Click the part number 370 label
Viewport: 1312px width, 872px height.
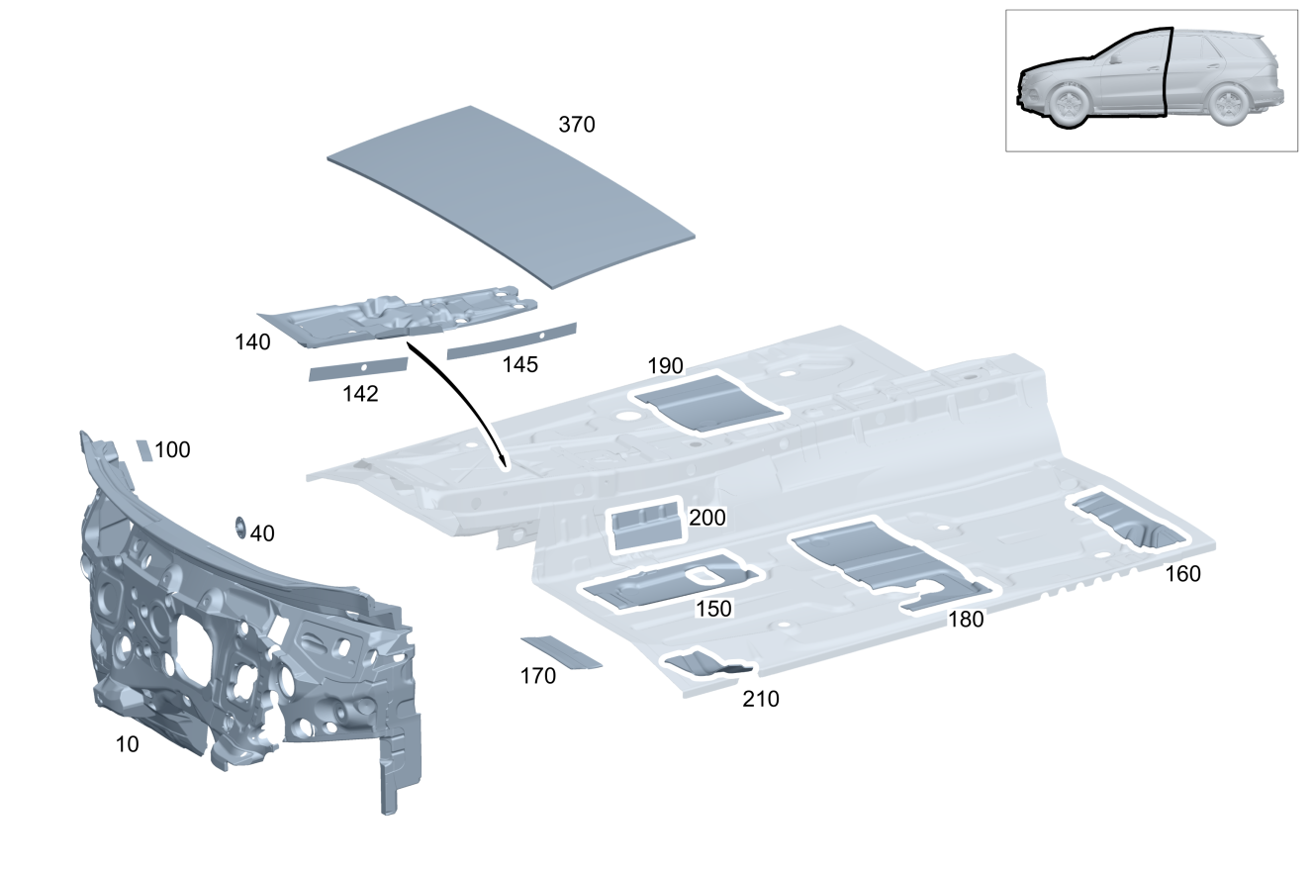click(577, 125)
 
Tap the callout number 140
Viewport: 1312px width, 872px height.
click(252, 342)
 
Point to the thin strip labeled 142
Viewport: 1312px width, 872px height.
click(358, 369)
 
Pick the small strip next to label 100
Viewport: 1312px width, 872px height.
click(144, 450)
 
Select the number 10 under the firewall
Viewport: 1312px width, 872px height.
click(127, 744)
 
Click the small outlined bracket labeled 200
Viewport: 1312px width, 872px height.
click(645, 525)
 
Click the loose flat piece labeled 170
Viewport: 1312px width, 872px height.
click(561, 651)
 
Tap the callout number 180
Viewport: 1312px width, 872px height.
click(966, 620)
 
